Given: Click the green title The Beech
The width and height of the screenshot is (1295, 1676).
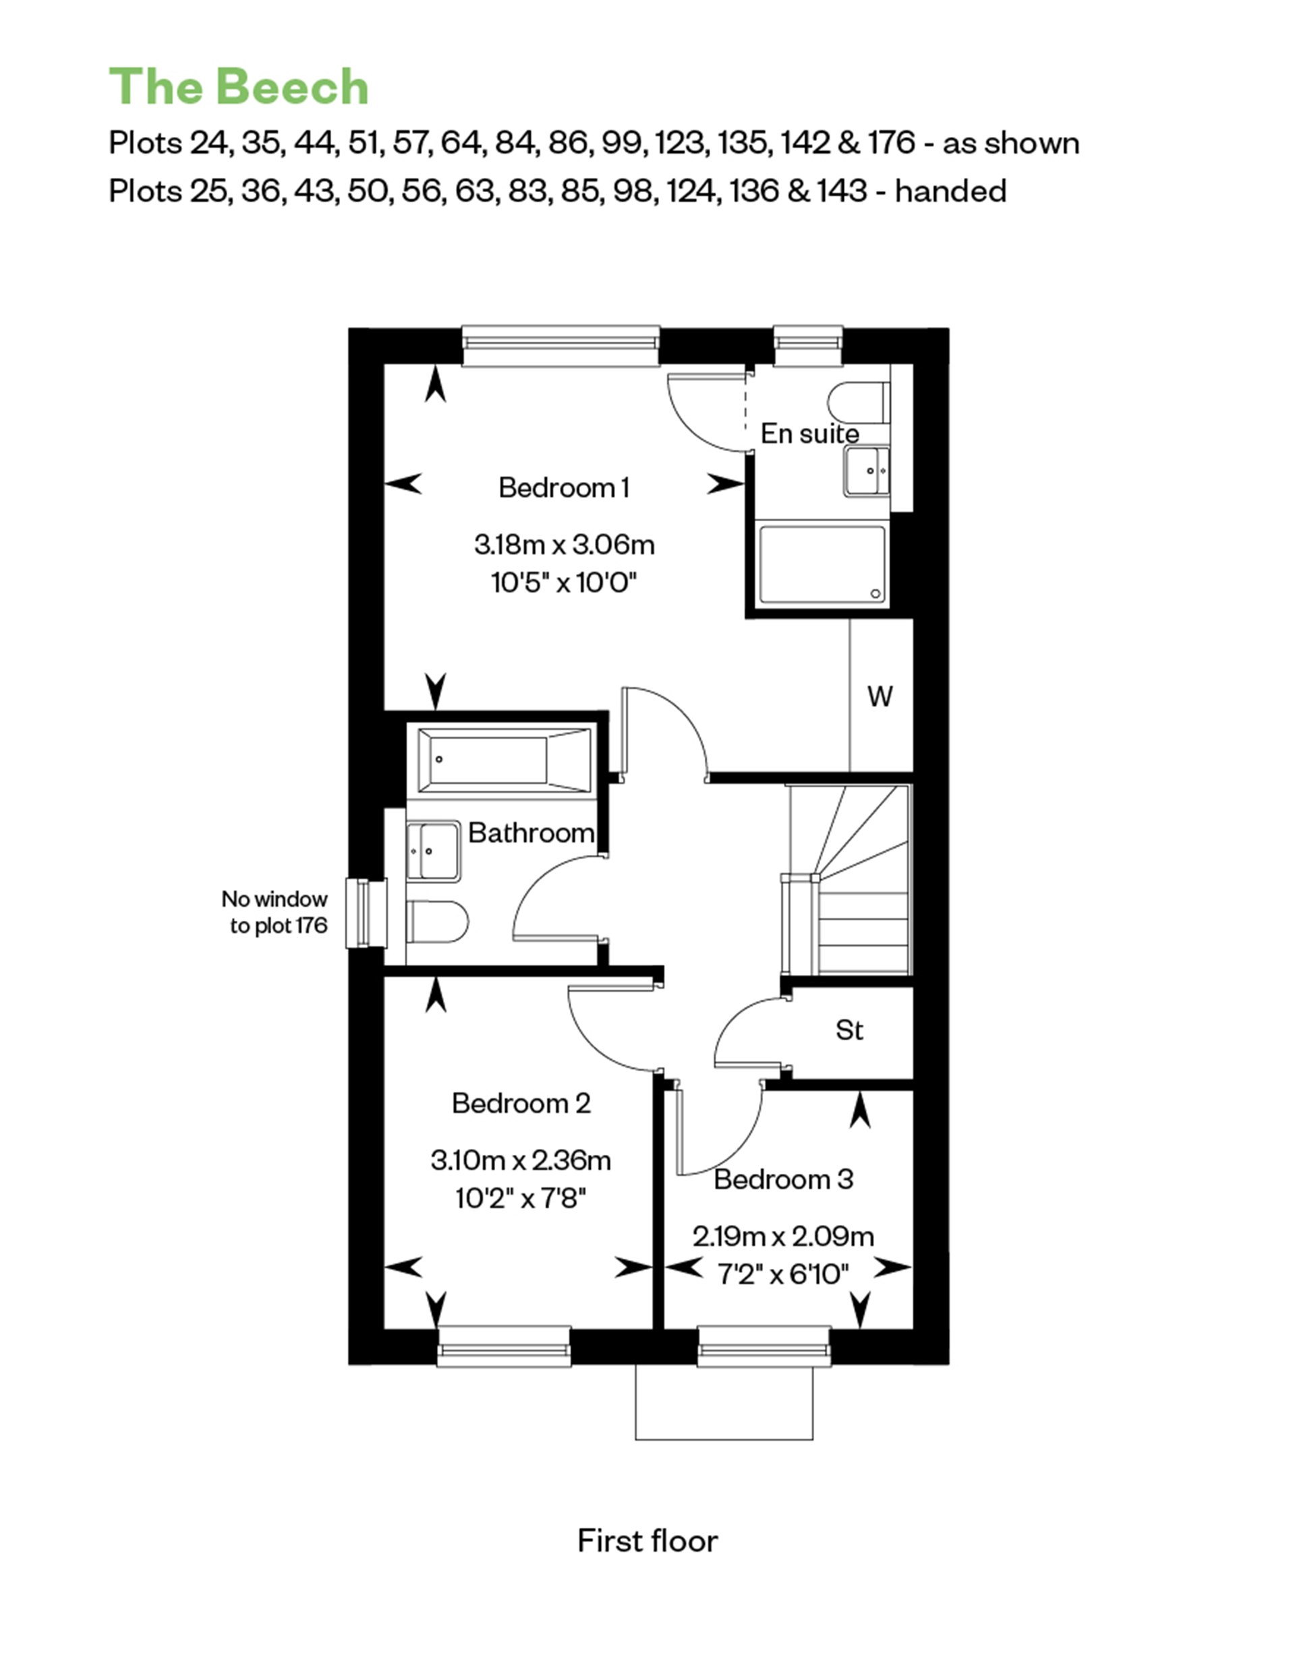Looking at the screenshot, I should click(x=239, y=87).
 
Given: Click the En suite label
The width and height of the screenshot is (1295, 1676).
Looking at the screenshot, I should click(x=809, y=433).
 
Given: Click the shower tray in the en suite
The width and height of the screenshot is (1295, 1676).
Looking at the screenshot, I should click(x=821, y=564).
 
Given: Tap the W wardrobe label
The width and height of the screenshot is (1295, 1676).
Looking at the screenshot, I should click(x=880, y=697).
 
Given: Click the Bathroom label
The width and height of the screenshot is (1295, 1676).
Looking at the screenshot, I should click(x=530, y=833).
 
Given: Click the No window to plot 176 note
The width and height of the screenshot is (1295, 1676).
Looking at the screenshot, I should click(x=275, y=911).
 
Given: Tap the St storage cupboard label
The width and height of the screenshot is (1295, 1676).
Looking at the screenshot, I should click(x=849, y=1030).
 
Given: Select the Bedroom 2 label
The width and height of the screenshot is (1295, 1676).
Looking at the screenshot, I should click(x=521, y=1104).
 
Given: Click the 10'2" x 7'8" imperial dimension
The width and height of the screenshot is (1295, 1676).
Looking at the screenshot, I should click(x=521, y=1198).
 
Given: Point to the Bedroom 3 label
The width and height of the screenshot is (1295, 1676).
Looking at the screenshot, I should click(x=783, y=1180).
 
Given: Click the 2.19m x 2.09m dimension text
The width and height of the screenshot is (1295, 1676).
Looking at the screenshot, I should click(x=783, y=1237).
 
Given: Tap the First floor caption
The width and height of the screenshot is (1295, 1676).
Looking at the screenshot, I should click(x=647, y=1541).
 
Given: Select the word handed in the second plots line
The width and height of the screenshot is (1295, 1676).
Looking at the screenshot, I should click(x=950, y=191).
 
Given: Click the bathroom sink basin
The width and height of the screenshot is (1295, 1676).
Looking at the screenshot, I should click(x=434, y=850).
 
